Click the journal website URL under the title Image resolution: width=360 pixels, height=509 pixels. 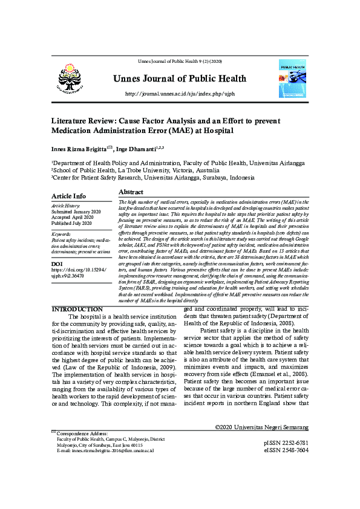point(179,94)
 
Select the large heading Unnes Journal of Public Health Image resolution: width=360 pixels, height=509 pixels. point(179,79)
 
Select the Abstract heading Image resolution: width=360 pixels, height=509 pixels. point(131,192)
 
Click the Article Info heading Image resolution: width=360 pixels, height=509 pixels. point(68,196)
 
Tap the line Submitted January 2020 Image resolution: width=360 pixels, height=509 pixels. point(76,212)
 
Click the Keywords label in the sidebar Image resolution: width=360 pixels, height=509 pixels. point(62,233)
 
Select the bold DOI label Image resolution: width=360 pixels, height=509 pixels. point(57,264)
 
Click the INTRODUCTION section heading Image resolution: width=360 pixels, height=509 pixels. point(77,310)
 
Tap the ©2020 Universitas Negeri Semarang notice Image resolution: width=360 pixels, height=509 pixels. point(262,427)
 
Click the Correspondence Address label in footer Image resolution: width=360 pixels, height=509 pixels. point(82,433)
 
